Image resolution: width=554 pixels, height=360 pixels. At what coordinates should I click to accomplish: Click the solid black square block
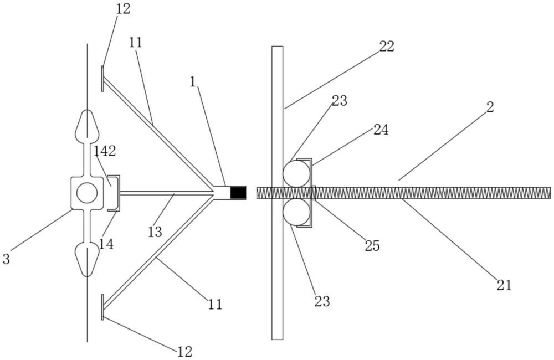pyautogui.click(x=238, y=193)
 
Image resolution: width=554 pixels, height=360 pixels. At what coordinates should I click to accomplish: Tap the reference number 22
pyautogui.click(x=387, y=47)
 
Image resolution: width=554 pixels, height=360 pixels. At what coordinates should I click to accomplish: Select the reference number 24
pyautogui.click(x=381, y=130)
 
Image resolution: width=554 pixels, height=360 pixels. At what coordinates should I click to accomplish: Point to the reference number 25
pyautogui.click(x=372, y=245)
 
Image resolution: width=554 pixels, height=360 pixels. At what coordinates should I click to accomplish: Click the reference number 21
pyautogui.click(x=504, y=285)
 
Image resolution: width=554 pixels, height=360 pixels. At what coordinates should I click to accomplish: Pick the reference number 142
pyautogui.click(x=105, y=152)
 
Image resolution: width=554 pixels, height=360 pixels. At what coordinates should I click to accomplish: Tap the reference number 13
pyautogui.click(x=155, y=232)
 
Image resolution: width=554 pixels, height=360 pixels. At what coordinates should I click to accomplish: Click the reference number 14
pyautogui.click(x=106, y=244)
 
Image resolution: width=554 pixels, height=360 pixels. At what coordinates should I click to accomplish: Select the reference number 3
pyautogui.click(x=6, y=259)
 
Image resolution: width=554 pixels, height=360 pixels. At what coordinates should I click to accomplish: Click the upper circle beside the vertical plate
pyautogui.click(x=296, y=174)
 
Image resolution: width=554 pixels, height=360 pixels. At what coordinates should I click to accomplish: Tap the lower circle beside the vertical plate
pyautogui.click(x=296, y=212)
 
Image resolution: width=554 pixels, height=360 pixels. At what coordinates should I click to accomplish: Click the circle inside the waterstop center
pyautogui.click(x=87, y=193)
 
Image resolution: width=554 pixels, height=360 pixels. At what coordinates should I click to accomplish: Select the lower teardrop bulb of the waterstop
pyautogui.click(x=87, y=260)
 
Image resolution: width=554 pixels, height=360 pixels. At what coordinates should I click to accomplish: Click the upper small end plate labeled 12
pyautogui.click(x=102, y=79)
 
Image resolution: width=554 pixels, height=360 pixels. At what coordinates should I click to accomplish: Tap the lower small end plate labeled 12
pyautogui.click(x=102, y=307)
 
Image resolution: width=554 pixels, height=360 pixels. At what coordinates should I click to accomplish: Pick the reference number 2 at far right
pyautogui.click(x=490, y=107)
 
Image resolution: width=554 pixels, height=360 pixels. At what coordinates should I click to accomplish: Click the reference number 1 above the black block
pyautogui.click(x=193, y=82)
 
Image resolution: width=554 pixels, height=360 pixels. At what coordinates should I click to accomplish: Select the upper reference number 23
pyautogui.click(x=340, y=101)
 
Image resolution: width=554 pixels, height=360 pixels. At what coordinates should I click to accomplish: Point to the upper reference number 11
pyautogui.click(x=135, y=43)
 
